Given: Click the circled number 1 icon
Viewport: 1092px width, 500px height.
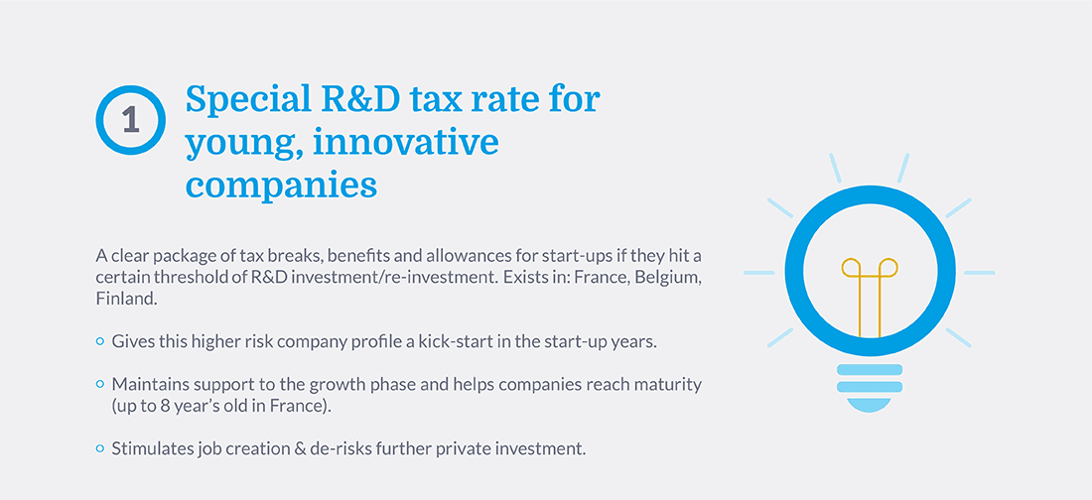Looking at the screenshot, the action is point(130,120).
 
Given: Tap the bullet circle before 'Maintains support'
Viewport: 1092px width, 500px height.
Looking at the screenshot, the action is point(99,384).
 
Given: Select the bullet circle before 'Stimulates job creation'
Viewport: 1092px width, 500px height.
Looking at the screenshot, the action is point(99,448).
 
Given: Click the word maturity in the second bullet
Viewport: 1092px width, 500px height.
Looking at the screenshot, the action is point(670,385).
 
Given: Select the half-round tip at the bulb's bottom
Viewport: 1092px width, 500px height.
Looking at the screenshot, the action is point(870,405).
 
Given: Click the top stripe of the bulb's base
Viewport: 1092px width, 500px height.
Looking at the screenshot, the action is point(870,369).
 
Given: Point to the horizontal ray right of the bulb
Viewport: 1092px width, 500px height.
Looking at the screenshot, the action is point(979,272).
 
